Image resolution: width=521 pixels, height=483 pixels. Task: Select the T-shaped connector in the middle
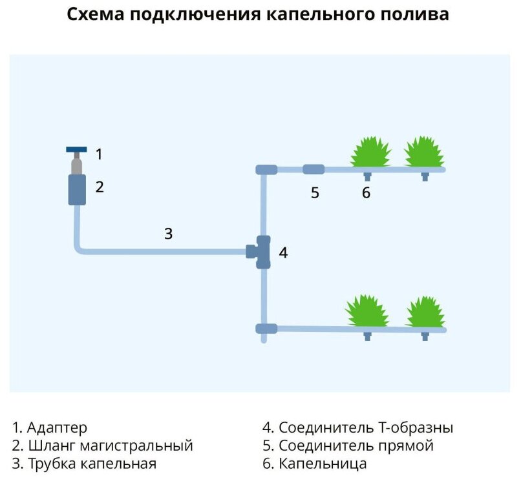point(262,251)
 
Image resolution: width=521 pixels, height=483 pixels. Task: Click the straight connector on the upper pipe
point(314,169)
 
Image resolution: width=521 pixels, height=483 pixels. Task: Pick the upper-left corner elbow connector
point(266,170)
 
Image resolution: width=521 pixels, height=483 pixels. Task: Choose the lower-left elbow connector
point(266,328)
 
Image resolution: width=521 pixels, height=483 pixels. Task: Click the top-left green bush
point(370,153)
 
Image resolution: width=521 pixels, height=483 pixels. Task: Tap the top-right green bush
point(423,153)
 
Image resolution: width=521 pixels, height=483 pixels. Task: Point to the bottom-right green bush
point(425,312)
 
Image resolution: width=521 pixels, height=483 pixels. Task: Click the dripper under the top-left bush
point(367,176)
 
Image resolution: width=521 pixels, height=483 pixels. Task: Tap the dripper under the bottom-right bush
point(425,335)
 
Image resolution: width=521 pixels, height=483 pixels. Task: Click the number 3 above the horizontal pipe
point(168,234)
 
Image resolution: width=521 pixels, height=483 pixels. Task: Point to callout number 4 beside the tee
point(282,252)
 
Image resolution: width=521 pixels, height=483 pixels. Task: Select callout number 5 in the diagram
point(315,193)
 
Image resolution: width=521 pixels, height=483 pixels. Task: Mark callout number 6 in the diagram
point(367,193)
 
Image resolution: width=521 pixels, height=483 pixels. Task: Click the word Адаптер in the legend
point(58,427)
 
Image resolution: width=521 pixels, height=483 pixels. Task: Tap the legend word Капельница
point(323,464)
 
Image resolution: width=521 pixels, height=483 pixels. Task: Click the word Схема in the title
point(96,14)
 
